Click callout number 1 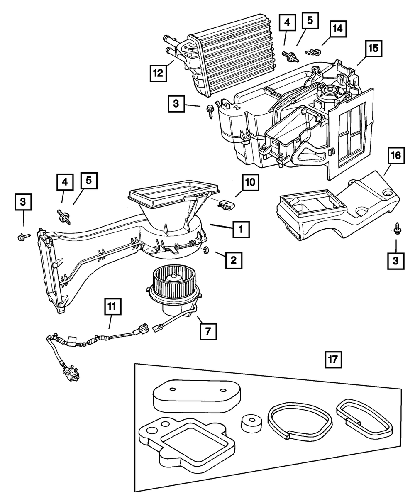(x=241, y=229)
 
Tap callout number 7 (x=208, y=330)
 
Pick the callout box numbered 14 (x=338, y=29)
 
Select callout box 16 (x=395, y=157)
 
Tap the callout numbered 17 (x=333, y=360)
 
